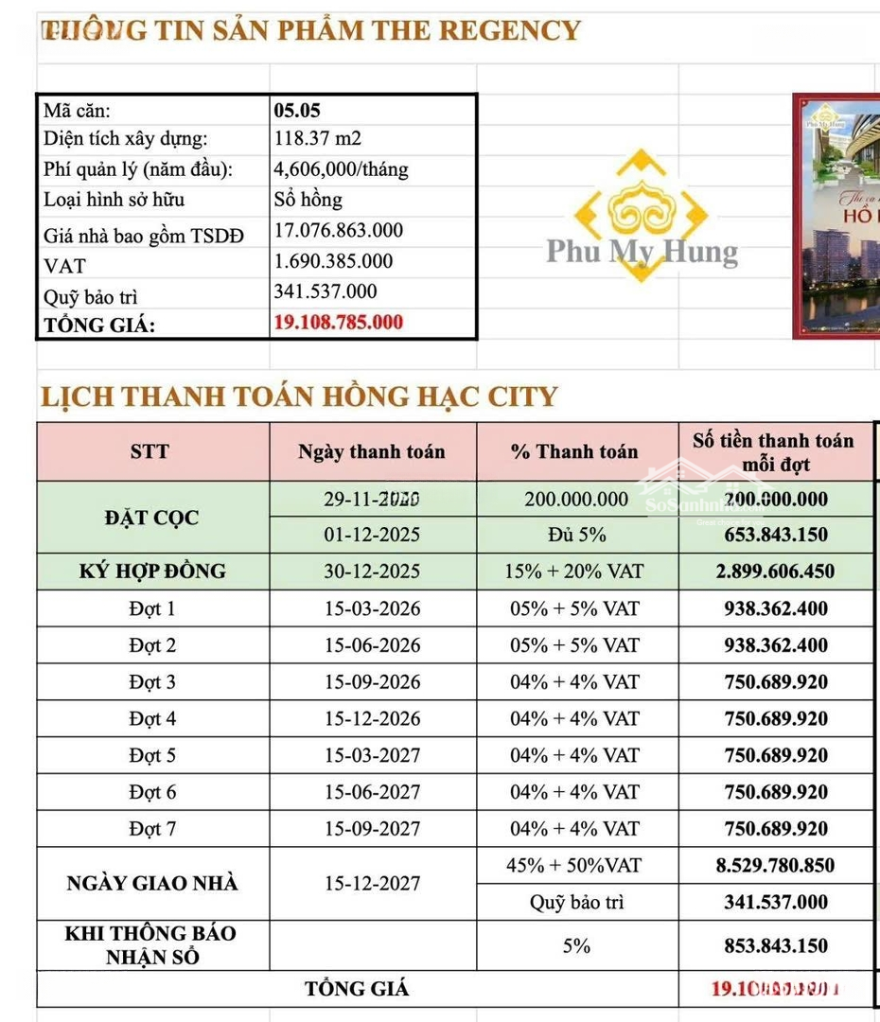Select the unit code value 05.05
[x=297, y=110]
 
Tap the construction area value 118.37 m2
[x=317, y=139]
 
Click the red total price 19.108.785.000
[x=338, y=322]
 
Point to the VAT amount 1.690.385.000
[x=332, y=261]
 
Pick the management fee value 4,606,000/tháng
[x=341, y=169]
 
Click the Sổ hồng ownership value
[x=308, y=200]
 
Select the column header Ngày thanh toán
[x=371, y=451]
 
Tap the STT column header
[x=150, y=451]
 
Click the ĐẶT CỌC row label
[x=152, y=518]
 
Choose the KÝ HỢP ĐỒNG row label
[x=152, y=572]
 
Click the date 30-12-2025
[x=372, y=572]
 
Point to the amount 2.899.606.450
[x=775, y=572]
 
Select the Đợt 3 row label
[x=152, y=682]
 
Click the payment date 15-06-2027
[x=372, y=792]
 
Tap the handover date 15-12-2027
[x=372, y=884]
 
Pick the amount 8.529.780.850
[x=775, y=865]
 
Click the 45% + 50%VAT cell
[x=575, y=865]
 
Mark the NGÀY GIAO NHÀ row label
[x=152, y=884]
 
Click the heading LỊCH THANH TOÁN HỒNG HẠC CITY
[x=299, y=396]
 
